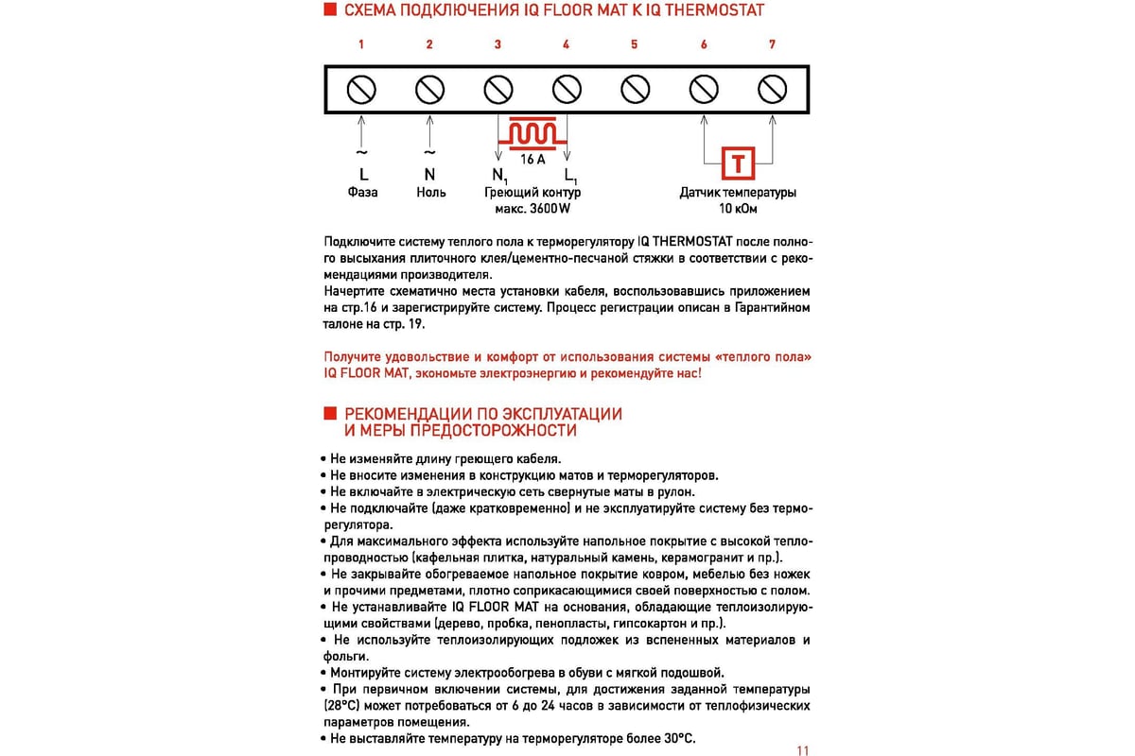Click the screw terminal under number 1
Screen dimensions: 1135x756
tap(361, 90)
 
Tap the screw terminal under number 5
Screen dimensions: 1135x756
tap(635, 90)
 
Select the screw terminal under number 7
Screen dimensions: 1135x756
tap(772, 90)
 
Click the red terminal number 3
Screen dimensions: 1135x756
tap(498, 44)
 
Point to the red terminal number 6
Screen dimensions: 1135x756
tap(704, 44)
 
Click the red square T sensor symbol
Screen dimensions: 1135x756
tap(739, 163)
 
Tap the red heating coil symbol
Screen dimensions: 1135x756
tap(533, 133)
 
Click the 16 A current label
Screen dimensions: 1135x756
tap(533, 160)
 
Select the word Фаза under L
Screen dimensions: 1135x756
tap(362, 193)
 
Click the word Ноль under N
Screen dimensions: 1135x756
tap(431, 193)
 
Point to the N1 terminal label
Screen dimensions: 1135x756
tap(499, 176)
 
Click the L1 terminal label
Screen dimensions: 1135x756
tap(570, 176)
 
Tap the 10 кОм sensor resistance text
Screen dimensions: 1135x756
tap(738, 209)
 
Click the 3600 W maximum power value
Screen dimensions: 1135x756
tap(550, 209)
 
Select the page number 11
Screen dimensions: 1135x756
tap(803, 750)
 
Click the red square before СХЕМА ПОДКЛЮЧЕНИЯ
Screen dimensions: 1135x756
tap(330, 9)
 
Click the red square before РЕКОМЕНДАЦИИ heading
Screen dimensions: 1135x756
tap(330, 413)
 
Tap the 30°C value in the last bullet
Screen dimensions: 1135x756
tap(679, 739)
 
